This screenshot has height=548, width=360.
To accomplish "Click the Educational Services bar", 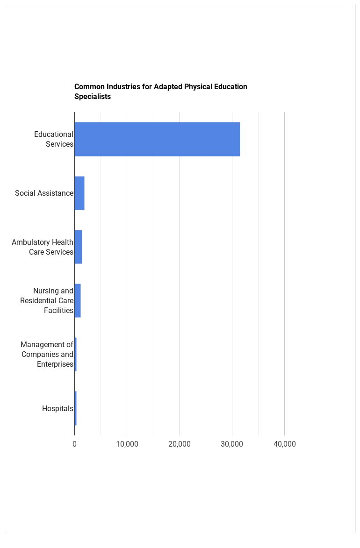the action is coord(157,139).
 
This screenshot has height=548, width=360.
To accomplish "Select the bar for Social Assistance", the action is coord(79,193).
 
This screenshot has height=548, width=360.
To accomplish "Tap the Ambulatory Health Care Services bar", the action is coord(79,247).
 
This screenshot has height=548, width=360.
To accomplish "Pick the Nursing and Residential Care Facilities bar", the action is coord(78,300).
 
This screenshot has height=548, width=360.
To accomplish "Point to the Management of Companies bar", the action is coord(76,355).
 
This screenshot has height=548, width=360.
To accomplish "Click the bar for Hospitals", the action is coord(76,408).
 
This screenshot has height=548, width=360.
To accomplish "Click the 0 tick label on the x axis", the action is coord(74,444).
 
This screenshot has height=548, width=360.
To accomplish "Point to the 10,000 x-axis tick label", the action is coord(127,444).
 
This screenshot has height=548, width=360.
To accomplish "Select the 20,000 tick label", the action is coord(180,444).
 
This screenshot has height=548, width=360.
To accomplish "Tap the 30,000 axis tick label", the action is coord(232,444).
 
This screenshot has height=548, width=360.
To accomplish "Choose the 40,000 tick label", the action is coord(284,444).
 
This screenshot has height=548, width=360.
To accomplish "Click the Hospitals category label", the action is coord(58,409).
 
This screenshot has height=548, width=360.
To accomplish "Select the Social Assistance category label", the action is coord(44,193).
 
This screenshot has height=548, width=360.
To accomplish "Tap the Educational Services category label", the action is coord(54,139).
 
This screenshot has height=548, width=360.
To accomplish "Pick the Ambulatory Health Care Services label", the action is coord(43,247).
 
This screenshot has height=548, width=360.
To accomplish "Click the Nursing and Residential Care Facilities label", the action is coord(47,300).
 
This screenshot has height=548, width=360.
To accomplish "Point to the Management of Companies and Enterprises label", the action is coord(47,355).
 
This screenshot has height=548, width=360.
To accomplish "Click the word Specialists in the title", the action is coord(93,97).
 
